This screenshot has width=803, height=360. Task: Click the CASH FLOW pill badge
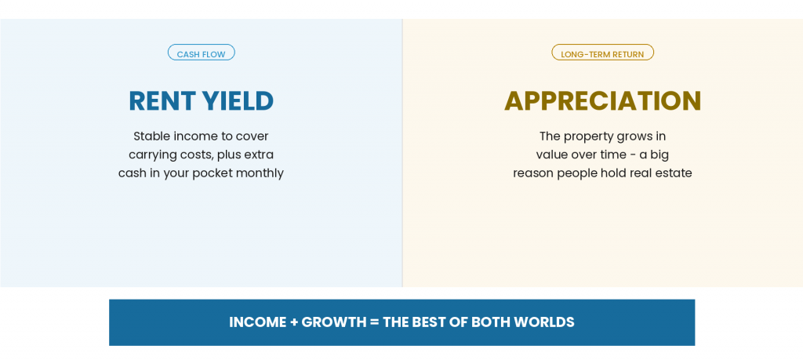tap(202, 53)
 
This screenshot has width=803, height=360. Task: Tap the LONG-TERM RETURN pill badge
tap(602, 53)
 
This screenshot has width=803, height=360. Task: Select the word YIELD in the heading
tap(238, 101)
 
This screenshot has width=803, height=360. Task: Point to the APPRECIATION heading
tap(603, 101)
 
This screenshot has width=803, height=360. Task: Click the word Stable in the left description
tap(152, 136)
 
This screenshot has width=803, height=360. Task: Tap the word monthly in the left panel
tap(260, 173)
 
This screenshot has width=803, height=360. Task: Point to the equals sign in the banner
tap(374, 322)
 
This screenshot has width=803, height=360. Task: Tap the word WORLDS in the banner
tap(544, 322)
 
